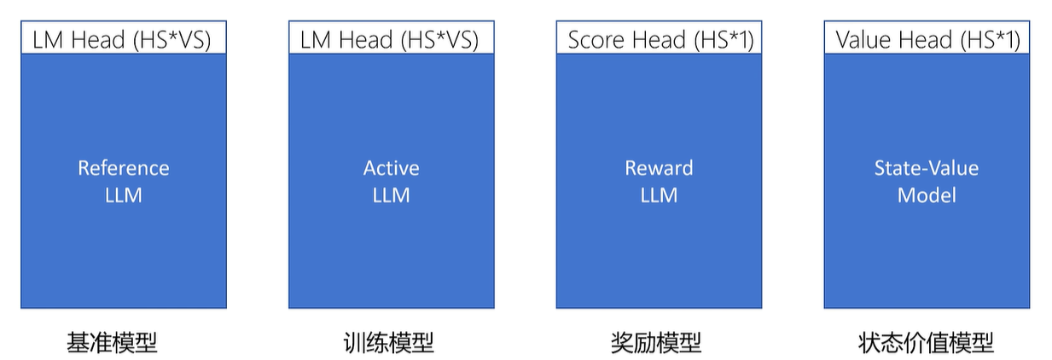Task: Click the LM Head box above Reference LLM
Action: tap(123, 39)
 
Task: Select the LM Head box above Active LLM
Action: tap(391, 39)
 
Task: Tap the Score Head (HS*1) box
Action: tap(659, 39)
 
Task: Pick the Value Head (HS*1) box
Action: tap(927, 39)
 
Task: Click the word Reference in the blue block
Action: tap(123, 168)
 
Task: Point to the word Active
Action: tap(391, 168)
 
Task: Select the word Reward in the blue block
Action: tap(659, 168)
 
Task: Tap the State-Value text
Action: tap(927, 168)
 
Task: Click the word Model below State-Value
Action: tap(927, 195)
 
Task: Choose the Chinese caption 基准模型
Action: tap(112, 343)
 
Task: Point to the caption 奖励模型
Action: tap(656, 343)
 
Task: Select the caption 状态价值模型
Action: tap(926, 343)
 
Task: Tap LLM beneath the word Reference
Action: tap(123, 195)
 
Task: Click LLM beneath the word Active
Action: tap(391, 195)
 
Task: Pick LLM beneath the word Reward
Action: tap(659, 195)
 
